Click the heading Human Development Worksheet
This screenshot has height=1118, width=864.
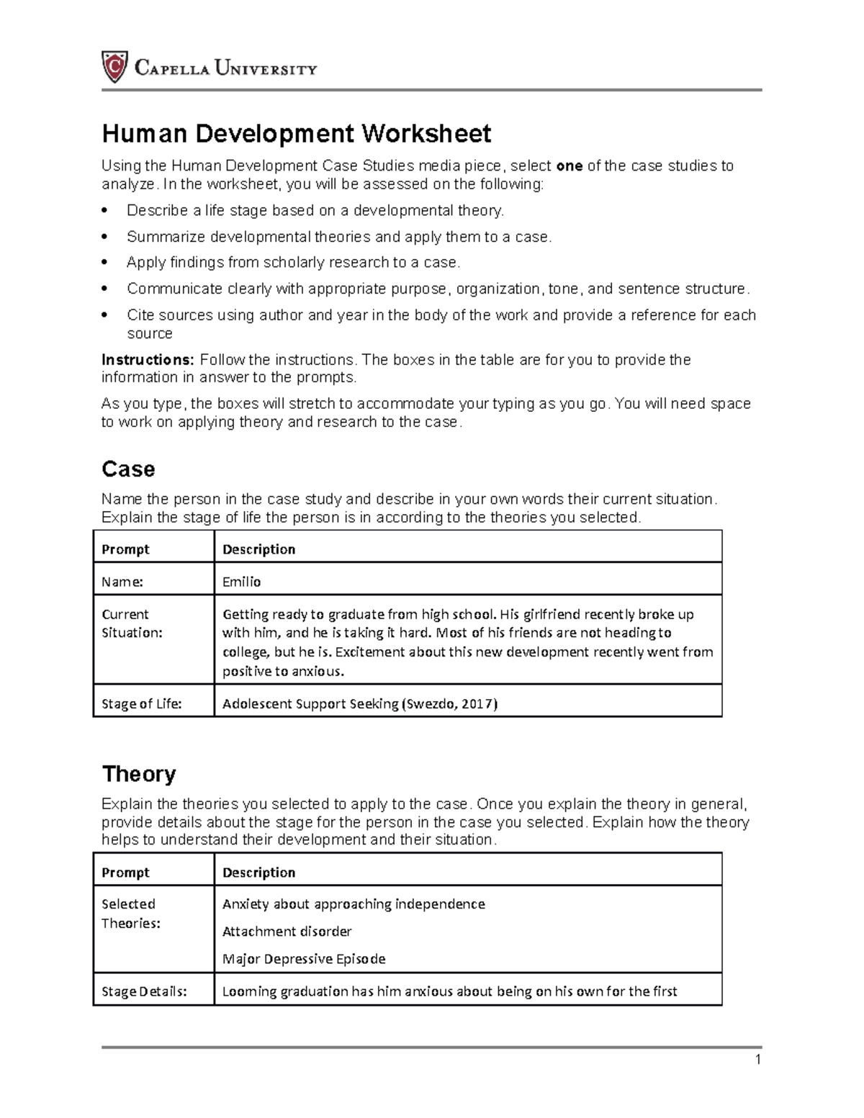(x=296, y=133)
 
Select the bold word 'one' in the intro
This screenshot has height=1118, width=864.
(x=570, y=166)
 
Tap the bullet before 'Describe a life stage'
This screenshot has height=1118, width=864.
(x=105, y=211)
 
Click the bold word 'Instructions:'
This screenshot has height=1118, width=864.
(x=148, y=359)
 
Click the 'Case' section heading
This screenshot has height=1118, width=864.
(x=128, y=469)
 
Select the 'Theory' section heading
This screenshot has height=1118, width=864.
(x=139, y=774)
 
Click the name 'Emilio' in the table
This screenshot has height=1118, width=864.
(x=241, y=582)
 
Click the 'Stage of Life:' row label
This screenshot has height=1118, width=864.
(x=141, y=704)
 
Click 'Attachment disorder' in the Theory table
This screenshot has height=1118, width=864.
(x=287, y=932)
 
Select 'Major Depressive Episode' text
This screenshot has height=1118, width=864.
(x=304, y=959)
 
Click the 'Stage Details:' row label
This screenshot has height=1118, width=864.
(x=144, y=991)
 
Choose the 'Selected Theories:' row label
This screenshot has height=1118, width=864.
(x=130, y=914)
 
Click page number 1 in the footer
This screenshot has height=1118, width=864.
(x=757, y=1060)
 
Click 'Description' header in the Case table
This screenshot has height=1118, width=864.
(x=258, y=549)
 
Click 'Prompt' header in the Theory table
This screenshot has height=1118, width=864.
(x=125, y=873)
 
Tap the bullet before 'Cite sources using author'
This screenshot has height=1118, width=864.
(x=105, y=315)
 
